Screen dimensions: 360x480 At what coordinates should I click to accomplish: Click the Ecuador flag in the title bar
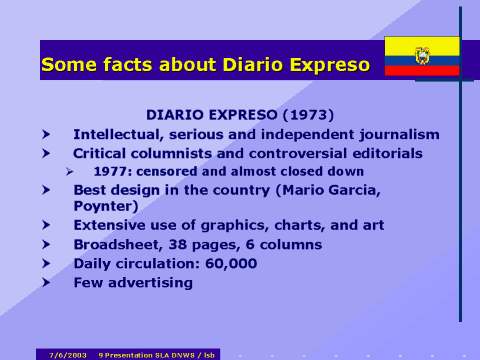[x=422, y=56]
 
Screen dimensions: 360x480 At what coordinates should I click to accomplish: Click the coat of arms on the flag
[x=422, y=56]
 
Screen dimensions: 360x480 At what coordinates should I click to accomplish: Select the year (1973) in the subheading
[x=310, y=115]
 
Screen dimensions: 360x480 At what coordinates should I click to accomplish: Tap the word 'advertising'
[x=151, y=282]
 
